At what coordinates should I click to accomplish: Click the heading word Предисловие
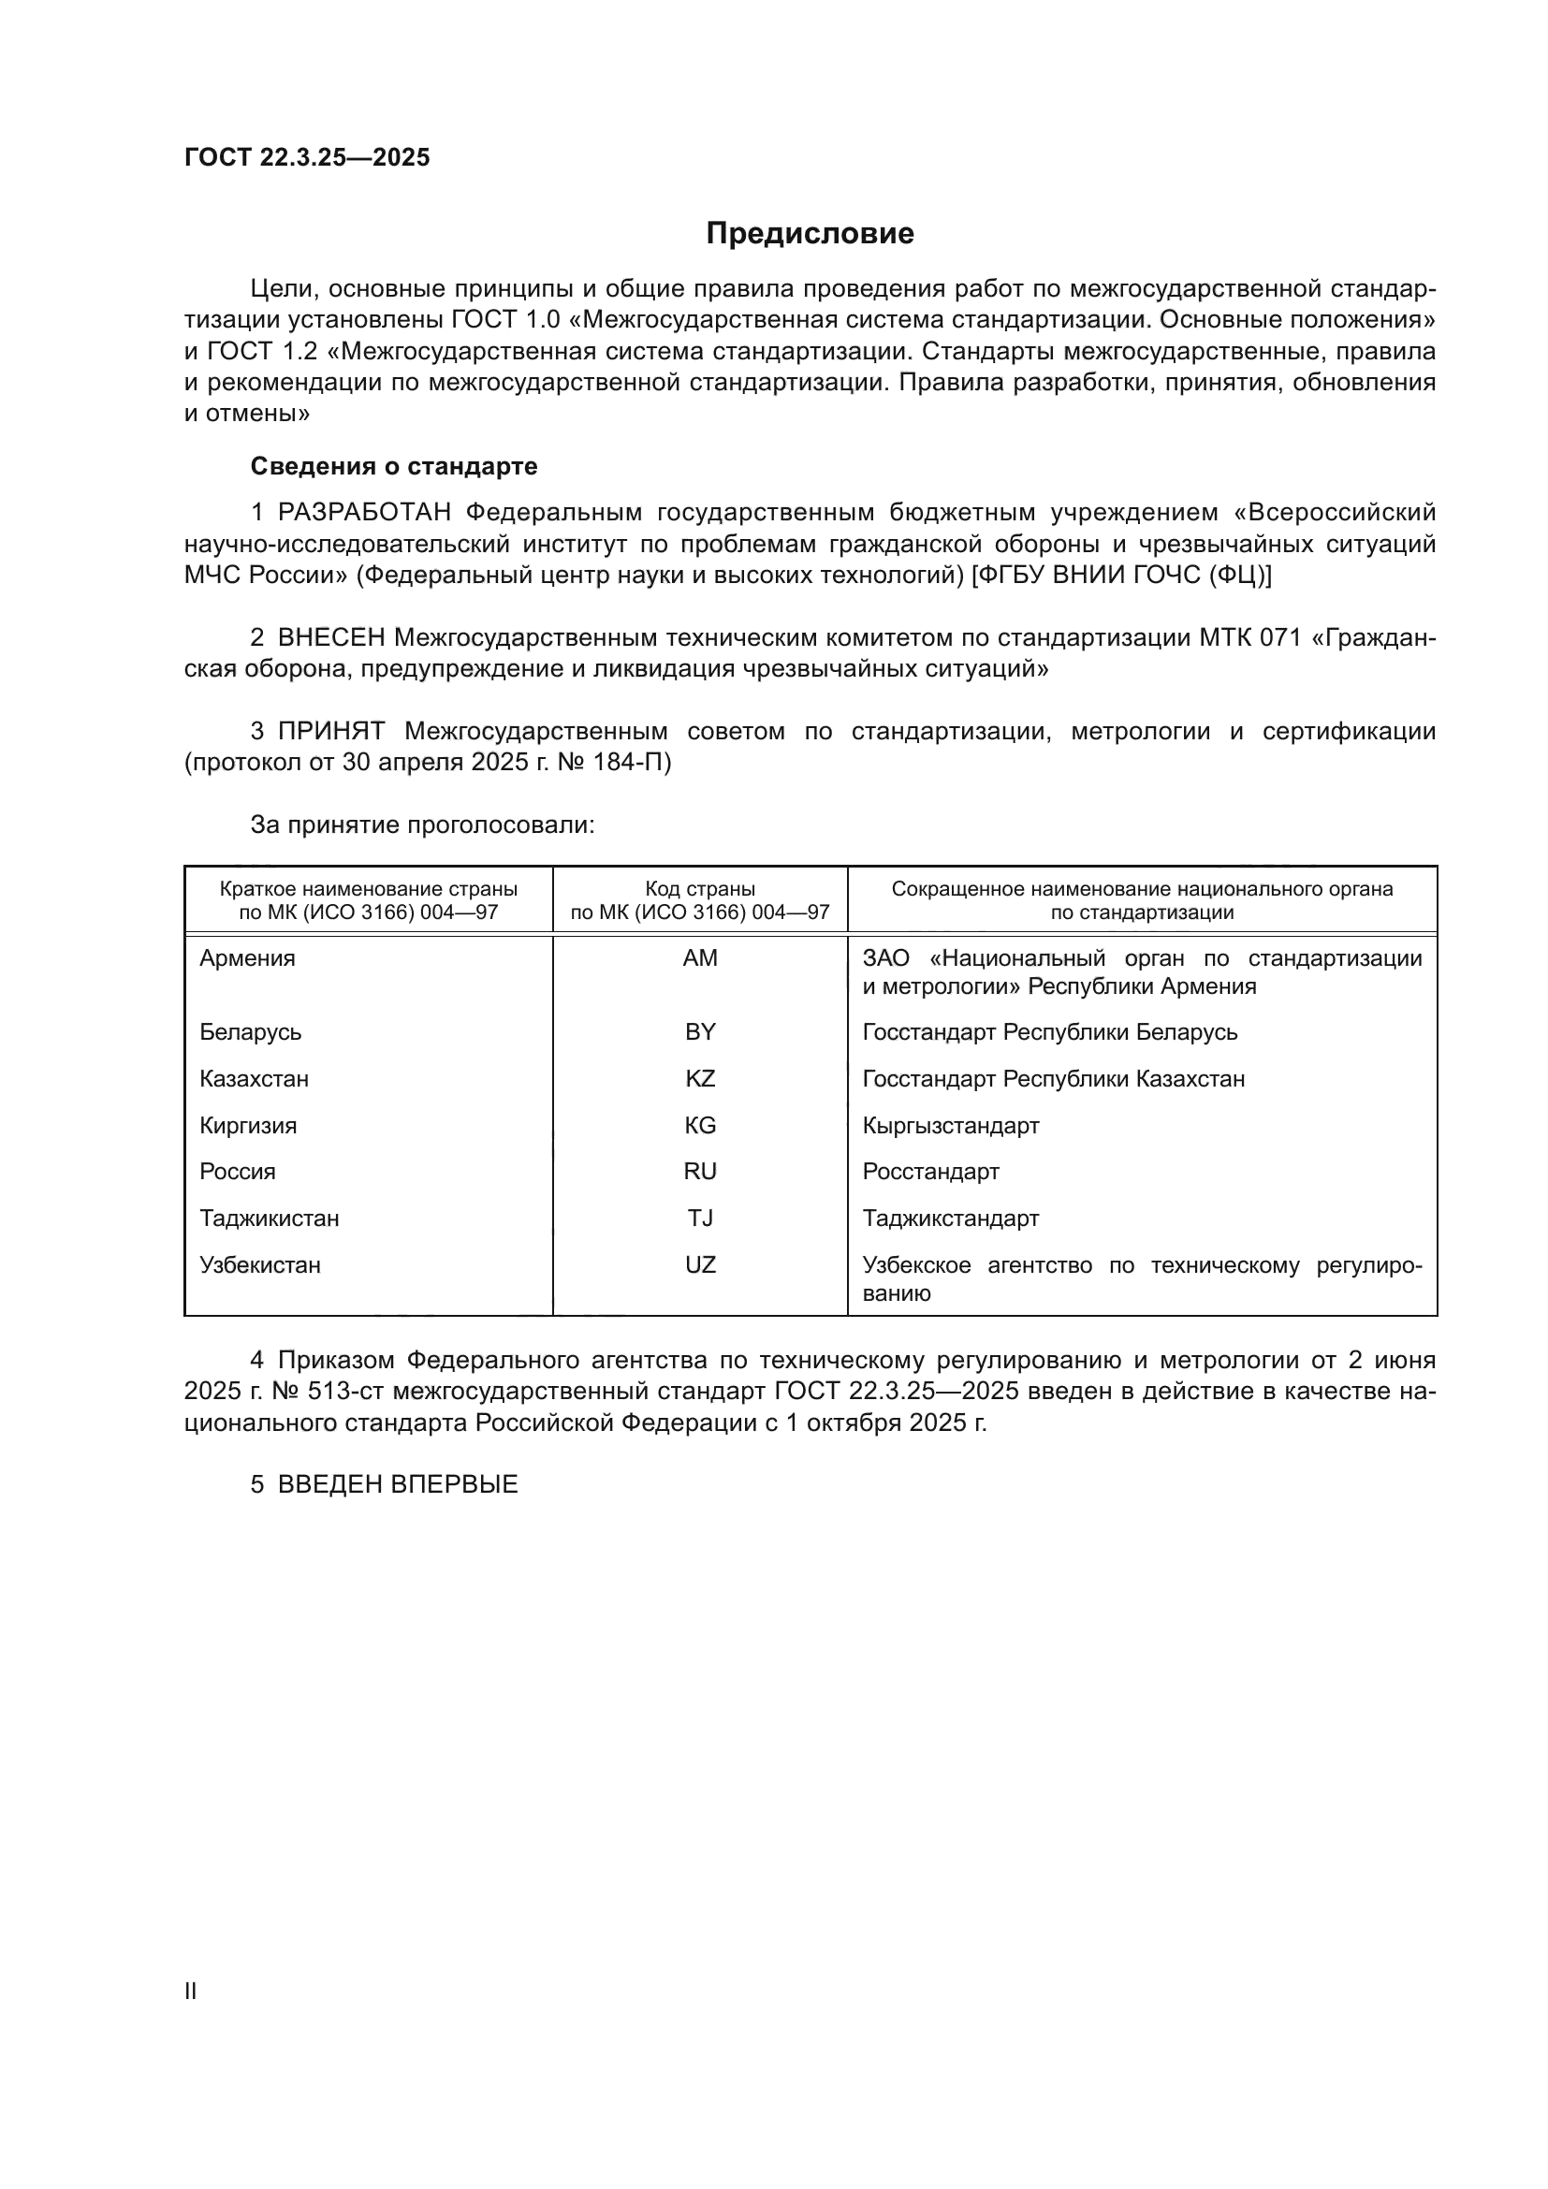(810, 234)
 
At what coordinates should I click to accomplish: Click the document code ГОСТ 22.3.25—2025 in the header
(307, 157)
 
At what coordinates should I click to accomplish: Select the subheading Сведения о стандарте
(394, 466)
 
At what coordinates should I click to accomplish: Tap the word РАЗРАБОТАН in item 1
(364, 513)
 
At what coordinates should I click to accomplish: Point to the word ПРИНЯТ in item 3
(330, 731)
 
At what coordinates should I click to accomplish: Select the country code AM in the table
(700, 958)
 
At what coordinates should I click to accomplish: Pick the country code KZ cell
(700, 1078)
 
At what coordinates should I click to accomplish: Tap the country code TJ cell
(700, 1219)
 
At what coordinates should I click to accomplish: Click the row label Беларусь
(250, 1032)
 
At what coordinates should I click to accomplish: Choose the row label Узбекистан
(259, 1265)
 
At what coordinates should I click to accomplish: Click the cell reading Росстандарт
(930, 1172)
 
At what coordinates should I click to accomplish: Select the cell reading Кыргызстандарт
(950, 1126)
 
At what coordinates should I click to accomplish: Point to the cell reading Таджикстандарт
(950, 1219)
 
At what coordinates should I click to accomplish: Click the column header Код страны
(700, 889)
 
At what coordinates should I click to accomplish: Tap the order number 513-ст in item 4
(347, 1391)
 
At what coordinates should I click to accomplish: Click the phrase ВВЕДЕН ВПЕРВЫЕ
(398, 1484)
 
